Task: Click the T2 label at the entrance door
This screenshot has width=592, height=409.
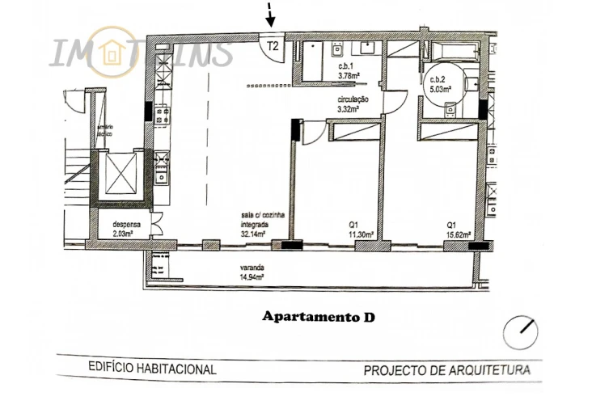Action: (x=273, y=46)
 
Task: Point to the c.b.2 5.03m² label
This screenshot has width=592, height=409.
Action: (x=440, y=82)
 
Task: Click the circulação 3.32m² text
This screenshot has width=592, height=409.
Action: (x=353, y=103)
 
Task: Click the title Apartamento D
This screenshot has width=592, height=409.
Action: (x=319, y=317)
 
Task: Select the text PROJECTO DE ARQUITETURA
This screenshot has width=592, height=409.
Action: (x=446, y=371)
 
